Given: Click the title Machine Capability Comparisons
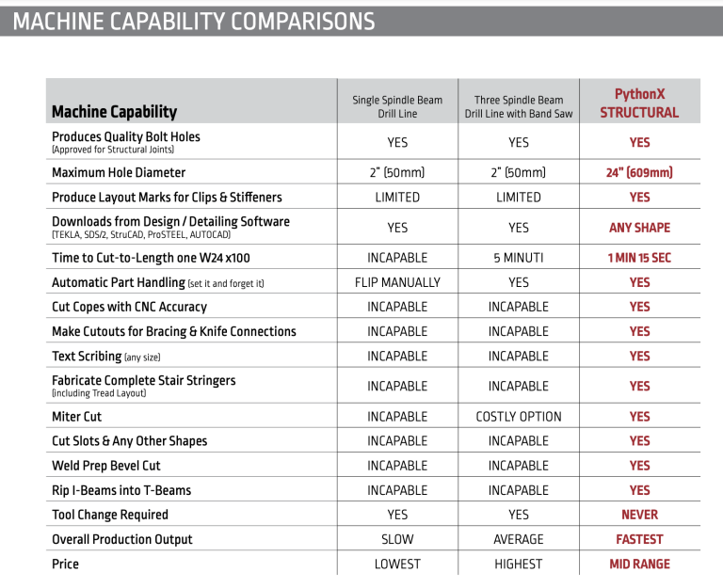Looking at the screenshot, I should click(x=194, y=20).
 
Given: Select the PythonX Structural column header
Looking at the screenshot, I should click(x=639, y=103).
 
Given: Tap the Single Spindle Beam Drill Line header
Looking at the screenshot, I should click(x=397, y=106).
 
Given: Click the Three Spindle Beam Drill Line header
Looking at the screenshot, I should click(x=519, y=106).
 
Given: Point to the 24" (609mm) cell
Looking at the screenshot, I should click(x=639, y=172).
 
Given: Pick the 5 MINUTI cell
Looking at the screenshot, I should click(x=519, y=258).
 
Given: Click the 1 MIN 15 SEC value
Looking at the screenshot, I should click(x=639, y=258).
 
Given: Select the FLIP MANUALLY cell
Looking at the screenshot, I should click(x=397, y=282).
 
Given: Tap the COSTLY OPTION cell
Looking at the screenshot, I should click(x=519, y=416).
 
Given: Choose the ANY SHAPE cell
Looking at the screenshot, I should click(x=639, y=228).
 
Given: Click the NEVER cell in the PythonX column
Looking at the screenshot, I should click(x=639, y=515).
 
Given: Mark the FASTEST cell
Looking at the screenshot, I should click(x=639, y=539).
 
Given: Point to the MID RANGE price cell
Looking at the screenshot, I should click(x=639, y=564).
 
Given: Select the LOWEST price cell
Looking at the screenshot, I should click(x=397, y=564).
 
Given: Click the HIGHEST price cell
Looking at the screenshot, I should click(x=519, y=564).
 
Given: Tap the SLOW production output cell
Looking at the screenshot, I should click(x=397, y=539).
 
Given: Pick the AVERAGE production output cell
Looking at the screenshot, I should click(x=519, y=539).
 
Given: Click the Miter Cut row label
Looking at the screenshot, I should click(x=76, y=416).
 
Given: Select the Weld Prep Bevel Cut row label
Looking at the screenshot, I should click(x=105, y=466).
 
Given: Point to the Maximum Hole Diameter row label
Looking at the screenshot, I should click(x=119, y=172).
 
